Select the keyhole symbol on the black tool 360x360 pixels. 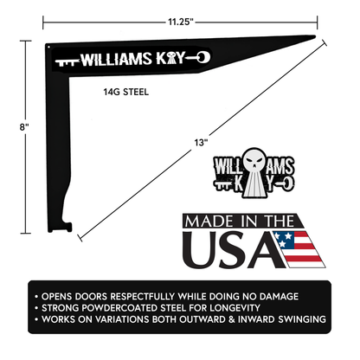click(x=177, y=59)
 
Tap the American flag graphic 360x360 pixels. click(x=298, y=247)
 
